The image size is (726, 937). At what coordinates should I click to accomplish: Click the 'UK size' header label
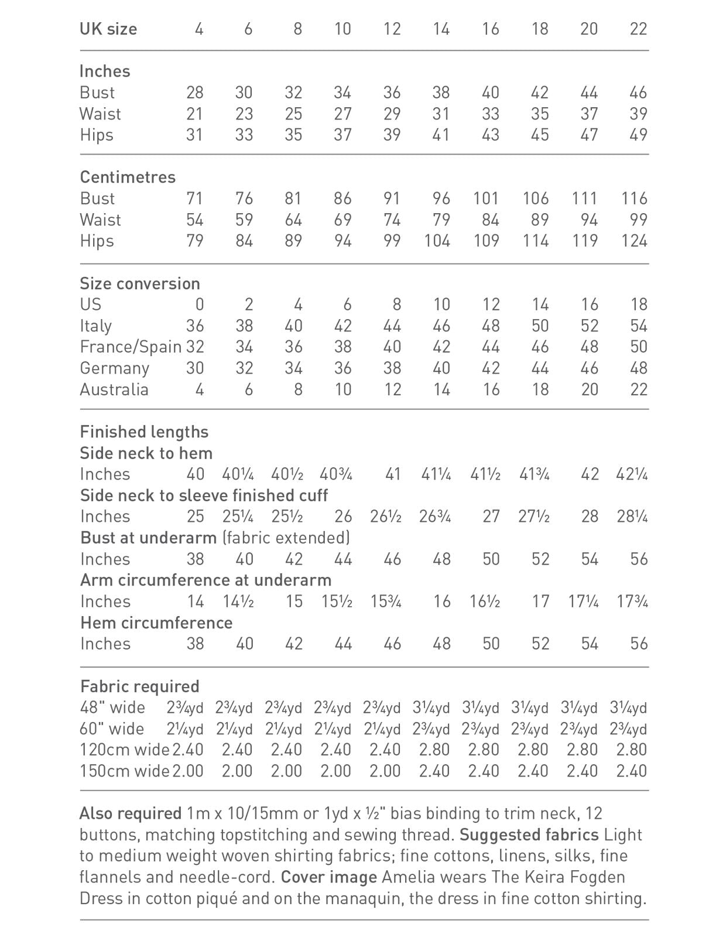[x=108, y=29]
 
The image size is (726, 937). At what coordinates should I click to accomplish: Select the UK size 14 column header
[x=440, y=29]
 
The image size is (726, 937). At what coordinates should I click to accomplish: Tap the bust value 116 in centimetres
[x=634, y=199]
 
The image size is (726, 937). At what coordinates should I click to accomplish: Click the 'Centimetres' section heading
[x=128, y=177]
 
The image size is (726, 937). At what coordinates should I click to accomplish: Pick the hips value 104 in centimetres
[x=437, y=241]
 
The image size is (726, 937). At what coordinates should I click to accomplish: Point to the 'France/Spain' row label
[x=131, y=347]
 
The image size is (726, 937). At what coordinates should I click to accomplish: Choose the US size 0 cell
[x=199, y=305]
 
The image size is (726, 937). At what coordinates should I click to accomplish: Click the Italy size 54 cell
[x=638, y=326]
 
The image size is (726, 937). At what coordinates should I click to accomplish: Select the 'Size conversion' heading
[x=140, y=283]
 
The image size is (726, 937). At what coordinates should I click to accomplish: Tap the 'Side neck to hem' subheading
[x=146, y=453]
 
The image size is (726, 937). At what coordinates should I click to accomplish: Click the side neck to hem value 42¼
[x=632, y=474]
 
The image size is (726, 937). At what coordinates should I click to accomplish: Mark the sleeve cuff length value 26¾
[x=435, y=517]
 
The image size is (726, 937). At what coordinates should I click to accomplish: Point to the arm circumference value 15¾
[x=386, y=601]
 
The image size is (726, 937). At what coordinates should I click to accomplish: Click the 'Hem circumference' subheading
[x=156, y=623]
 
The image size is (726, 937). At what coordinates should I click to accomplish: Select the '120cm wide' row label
[x=125, y=750]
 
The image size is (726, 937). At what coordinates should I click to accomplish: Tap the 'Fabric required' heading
[x=140, y=686]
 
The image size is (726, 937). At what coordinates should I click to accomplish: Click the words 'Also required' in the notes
[x=131, y=813]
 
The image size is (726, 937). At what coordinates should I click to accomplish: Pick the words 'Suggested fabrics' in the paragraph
[x=529, y=835]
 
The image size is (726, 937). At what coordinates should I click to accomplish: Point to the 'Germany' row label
[x=115, y=368]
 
